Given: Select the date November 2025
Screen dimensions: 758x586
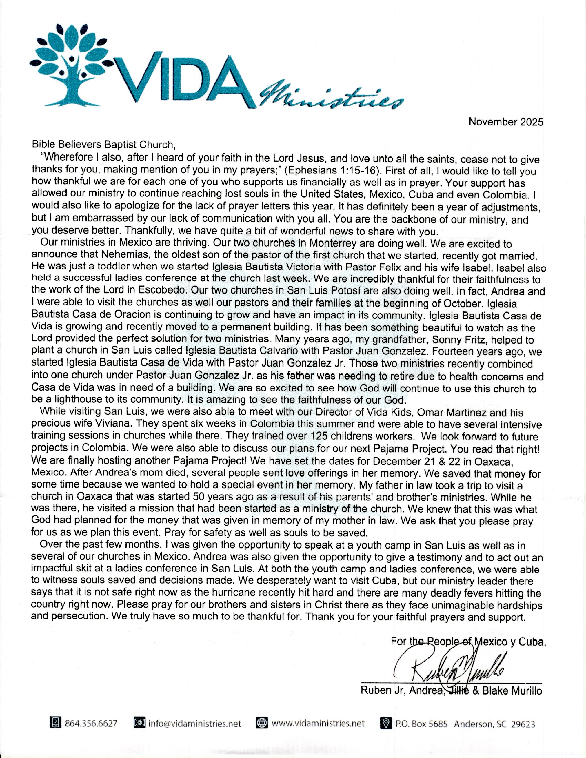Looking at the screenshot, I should point(505,122).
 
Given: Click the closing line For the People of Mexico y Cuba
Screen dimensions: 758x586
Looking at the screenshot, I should point(468,642).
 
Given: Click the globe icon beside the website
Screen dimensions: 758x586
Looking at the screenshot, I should point(262,723).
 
